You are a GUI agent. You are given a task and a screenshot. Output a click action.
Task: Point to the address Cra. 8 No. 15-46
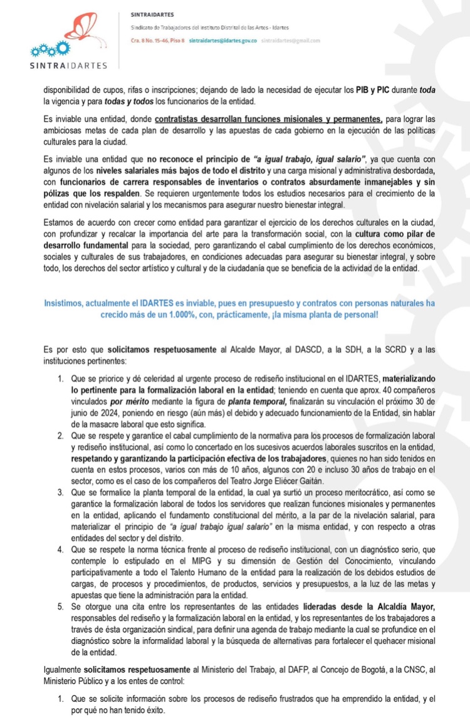149,40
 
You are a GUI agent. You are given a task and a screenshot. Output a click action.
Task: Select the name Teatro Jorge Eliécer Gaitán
261,480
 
